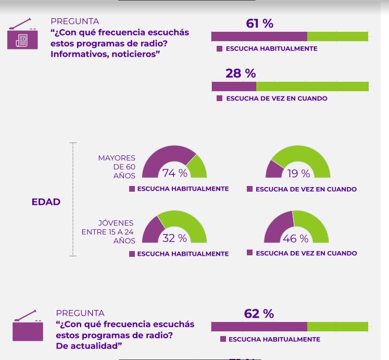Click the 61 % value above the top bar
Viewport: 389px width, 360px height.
click(x=259, y=23)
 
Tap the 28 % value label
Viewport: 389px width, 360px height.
click(x=240, y=73)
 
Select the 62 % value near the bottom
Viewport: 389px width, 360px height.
click(x=258, y=314)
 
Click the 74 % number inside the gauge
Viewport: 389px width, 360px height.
click(x=174, y=173)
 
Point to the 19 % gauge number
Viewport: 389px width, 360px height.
click(x=298, y=173)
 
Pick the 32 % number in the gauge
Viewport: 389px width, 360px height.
click(x=174, y=238)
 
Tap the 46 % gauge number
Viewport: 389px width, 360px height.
click(x=296, y=239)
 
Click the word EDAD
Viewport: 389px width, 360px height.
click(x=46, y=202)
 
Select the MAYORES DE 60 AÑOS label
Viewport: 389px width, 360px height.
click(x=118, y=167)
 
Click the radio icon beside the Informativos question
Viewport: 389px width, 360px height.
click(x=22, y=35)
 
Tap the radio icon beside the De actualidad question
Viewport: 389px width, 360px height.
click(x=28, y=326)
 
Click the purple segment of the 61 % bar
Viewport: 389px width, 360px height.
click(x=259, y=36)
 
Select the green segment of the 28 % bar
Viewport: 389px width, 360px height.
click(x=312, y=86)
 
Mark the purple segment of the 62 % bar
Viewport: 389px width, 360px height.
click(x=259, y=327)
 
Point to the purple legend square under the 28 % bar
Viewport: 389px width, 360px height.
click(x=220, y=98)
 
